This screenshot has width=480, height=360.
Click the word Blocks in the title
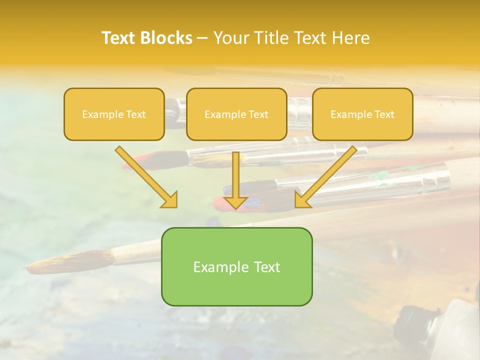click(166, 38)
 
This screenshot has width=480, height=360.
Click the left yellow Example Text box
click(114, 114)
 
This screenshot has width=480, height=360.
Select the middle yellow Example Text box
click(236, 114)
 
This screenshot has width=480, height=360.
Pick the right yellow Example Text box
click(362, 114)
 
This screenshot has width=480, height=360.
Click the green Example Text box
click(236, 267)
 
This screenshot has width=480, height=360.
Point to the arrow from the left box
click(148, 178)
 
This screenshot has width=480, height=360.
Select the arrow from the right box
click(325, 178)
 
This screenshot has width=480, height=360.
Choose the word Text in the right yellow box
click(384, 114)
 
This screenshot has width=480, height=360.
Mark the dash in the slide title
click(202, 38)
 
